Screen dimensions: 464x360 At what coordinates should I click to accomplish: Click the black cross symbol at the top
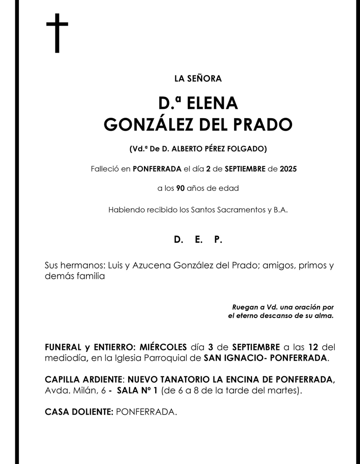(x=57, y=33)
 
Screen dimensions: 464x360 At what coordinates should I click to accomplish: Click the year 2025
(x=288, y=170)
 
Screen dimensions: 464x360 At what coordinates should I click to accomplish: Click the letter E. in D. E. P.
(x=198, y=240)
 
